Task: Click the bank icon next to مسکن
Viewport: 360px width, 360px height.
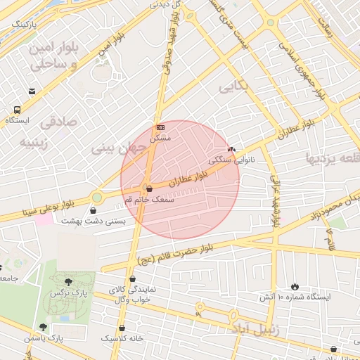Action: [160, 127]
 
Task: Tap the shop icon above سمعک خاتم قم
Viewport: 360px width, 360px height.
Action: [148, 188]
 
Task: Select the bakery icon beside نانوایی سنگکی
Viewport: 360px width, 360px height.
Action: [232, 150]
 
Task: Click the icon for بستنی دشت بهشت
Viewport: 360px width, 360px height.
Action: [94, 210]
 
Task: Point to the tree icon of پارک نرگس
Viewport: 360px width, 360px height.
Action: [68, 282]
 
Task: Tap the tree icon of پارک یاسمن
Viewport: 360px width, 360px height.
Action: [43, 327]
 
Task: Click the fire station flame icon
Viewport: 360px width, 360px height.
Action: [295, 286]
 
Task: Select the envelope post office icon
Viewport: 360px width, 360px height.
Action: [32, 91]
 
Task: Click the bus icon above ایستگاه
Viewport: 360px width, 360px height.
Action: [17, 109]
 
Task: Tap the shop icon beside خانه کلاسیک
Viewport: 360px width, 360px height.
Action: [122, 327]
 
